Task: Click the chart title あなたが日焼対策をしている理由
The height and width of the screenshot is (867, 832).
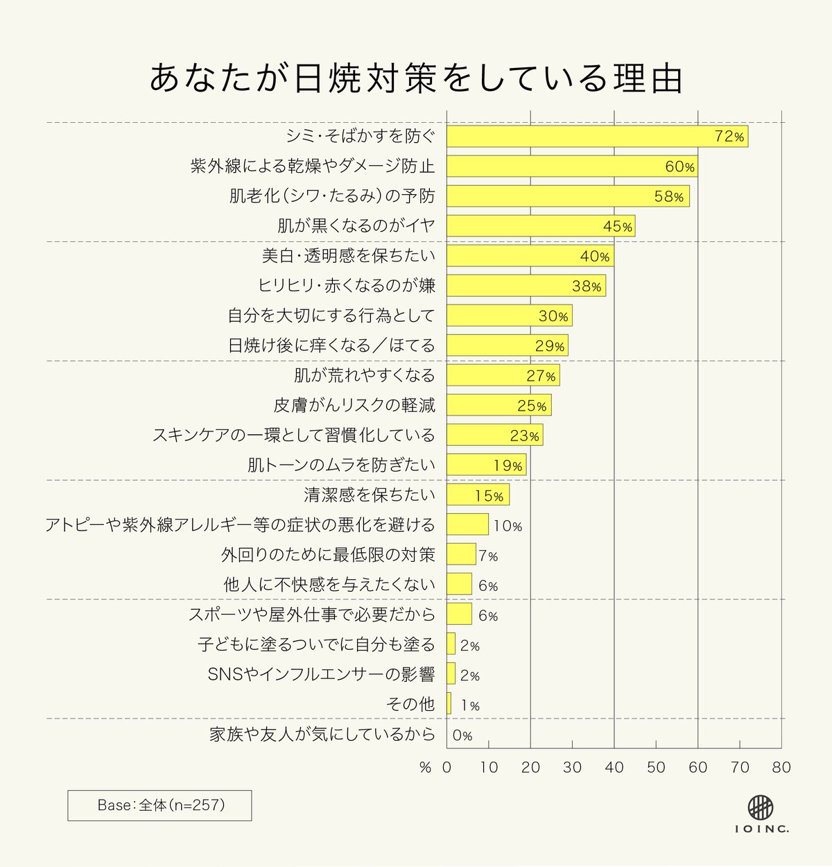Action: click(416, 78)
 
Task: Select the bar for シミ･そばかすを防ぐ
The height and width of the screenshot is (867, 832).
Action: click(597, 137)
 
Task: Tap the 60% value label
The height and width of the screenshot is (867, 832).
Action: click(679, 167)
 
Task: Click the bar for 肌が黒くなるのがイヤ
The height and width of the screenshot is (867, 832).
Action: click(540, 226)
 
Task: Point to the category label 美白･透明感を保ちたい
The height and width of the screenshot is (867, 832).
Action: click(348, 256)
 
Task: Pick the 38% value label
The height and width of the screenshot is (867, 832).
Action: click(587, 286)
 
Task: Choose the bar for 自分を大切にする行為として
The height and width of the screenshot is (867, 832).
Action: click(509, 316)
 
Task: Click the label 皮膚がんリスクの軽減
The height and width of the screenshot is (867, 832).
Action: click(354, 405)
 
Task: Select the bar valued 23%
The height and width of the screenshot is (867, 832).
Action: click(494, 435)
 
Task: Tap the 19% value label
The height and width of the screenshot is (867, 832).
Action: click(508, 465)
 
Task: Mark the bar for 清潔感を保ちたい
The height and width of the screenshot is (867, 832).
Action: click(478, 495)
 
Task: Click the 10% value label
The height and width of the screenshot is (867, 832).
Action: click(508, 526)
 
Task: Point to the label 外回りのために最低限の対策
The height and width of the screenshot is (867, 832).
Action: click(328, 555)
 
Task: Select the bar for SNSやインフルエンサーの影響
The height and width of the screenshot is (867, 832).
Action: click(451, 673)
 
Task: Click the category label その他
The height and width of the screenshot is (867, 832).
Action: click(410, 704)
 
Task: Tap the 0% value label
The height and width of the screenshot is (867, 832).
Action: click(462, 735)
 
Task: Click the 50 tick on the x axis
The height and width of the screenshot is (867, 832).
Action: click(656, 767)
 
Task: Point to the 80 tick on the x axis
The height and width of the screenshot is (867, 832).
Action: click(781, 767)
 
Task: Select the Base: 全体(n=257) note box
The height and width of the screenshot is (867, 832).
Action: click(159, 805)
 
